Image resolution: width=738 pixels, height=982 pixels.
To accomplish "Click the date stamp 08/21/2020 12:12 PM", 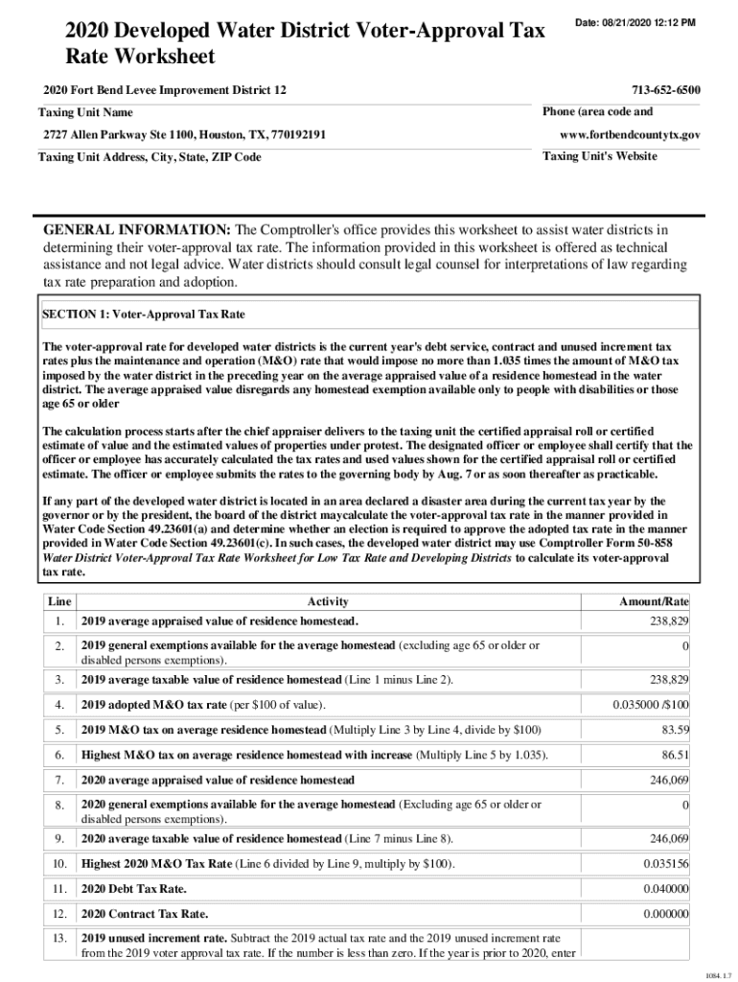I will pyautogui.click(x=634, y=22).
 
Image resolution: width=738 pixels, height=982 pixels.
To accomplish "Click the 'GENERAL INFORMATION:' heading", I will pyautogui.click(x=136, y=230).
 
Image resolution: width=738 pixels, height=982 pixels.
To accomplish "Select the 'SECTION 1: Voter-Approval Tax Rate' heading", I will pyautogui.click(x=144, y=314).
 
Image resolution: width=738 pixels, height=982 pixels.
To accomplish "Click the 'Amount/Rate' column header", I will pyautogui.click(x=655, y=601).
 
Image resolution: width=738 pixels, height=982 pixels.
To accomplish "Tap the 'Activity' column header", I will pyautogui.click(x=328, y=601).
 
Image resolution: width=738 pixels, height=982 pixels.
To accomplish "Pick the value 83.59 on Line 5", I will pyautogui.click(x=674, y=731).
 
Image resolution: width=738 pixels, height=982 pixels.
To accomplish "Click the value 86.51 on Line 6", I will pyautogui.click(x=674, y=756).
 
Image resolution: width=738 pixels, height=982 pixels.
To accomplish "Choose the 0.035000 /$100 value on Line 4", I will pyautogui.click(x=651, y=705).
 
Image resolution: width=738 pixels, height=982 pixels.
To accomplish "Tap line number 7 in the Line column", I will pyautogui.click(x=59, y=780).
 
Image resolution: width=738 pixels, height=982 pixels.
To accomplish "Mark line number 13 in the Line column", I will pyautogui.click(x=59, y=937).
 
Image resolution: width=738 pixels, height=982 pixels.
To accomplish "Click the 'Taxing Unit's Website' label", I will pyautogui.click(x=599, y=156).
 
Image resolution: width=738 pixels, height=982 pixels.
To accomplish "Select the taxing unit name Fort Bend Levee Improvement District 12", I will pyautogui.click(x=164, y=90).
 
